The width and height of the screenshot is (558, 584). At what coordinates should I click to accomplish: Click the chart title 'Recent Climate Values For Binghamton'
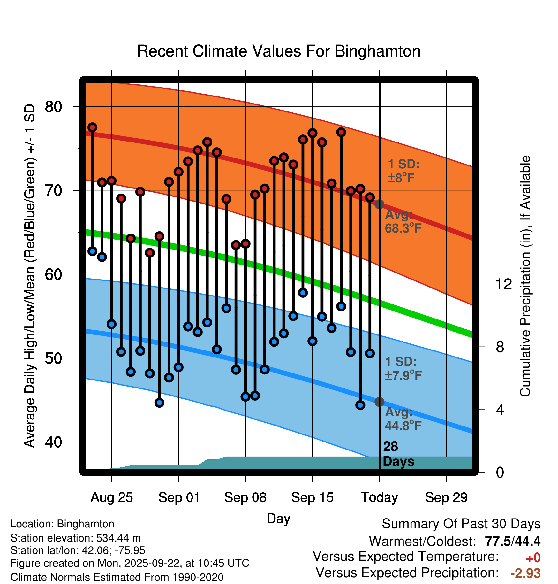[x=279, y=51]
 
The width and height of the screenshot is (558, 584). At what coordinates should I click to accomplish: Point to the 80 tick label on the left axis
[x=54, y=107]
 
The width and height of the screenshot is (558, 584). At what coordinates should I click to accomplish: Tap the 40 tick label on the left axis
[x=54, y=442]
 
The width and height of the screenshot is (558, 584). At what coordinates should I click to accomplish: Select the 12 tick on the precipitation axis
[x=503, y=284]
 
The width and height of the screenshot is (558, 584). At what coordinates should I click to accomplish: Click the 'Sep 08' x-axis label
[x=245, y=497]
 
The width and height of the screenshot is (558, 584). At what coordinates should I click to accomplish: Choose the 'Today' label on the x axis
[x=379, y=497]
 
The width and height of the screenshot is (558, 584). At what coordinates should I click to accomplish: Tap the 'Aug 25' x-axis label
[x=111, y=497]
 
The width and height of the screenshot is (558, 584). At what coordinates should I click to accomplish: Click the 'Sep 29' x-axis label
[x=446, y=497]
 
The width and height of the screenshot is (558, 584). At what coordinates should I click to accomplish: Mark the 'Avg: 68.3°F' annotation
[x=403, y=221]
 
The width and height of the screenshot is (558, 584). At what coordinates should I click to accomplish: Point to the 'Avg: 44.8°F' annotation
[x=403, y=419]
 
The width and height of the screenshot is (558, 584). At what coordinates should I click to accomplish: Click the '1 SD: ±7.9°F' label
[x=403, y=368]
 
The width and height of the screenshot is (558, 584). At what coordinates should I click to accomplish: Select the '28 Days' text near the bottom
[x=398, y=454]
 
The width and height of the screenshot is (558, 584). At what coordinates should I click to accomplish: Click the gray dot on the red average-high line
[x=379, y=204]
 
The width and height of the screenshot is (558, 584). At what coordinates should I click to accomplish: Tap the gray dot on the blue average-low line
[x=379, y=402]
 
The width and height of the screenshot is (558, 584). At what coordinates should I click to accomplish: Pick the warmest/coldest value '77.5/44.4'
[x=512, y=541]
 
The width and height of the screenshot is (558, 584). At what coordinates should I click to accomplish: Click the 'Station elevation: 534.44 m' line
[x=76, y=538]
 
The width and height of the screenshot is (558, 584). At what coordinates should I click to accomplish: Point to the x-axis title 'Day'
[x=278, y=518]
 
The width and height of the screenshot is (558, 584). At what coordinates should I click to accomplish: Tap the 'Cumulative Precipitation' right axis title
[x=525, y=276]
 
